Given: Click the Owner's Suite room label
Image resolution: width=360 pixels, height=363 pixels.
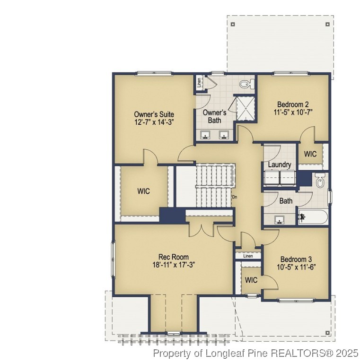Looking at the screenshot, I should click(154, 114).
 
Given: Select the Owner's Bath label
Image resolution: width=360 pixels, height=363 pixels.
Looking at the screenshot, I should click(215, 117).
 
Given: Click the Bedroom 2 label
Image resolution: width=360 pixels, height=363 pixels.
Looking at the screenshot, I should click(293, 104).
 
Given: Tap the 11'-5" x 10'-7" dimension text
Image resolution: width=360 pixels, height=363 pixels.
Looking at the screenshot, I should click(293, 112).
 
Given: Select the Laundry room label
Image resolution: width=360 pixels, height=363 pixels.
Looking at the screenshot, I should click(279, 164).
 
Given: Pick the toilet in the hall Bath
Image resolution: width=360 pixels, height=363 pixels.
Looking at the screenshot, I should click(321, 180).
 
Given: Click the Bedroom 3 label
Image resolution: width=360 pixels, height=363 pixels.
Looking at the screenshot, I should click(296, 259).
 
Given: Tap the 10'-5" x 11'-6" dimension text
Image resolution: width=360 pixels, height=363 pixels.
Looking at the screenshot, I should click(296, 267).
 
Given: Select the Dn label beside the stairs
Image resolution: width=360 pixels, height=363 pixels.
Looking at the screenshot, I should click(234, 197).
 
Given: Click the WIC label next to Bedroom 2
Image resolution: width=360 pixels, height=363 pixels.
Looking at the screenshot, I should click(310, 154).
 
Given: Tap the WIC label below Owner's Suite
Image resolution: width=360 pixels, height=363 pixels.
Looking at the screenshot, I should click(144, 191).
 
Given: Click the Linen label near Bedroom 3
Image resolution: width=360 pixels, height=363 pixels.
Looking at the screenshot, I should click(248, 256).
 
